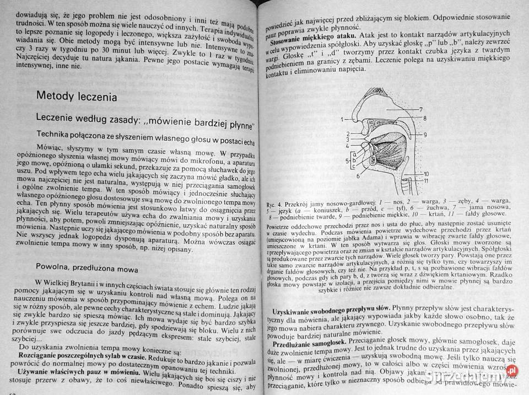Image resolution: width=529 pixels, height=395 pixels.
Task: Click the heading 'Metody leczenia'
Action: [77, 96]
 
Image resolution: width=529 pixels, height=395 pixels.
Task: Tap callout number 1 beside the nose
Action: [342, 119]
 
